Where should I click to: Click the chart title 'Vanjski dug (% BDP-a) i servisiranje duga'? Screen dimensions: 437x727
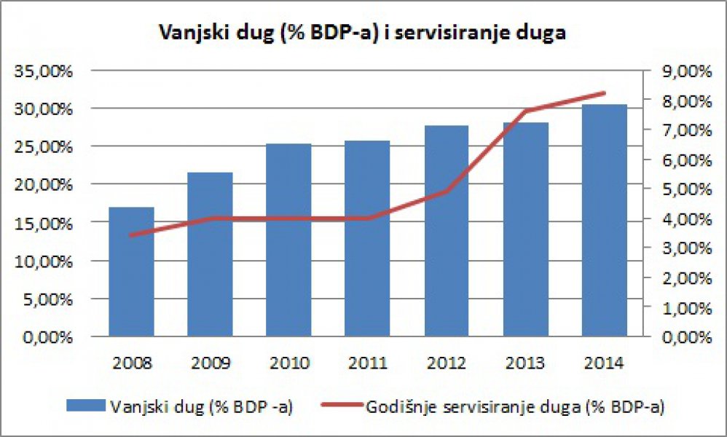tap(362, 33)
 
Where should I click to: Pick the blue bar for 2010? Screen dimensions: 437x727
tap(289, 240)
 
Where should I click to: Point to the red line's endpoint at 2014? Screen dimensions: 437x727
tap(604, 93)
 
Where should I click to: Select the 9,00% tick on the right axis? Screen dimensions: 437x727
tap(683, 71)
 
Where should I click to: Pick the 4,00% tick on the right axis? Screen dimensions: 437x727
tap(683, 219)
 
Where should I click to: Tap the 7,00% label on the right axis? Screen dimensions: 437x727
tap(683, 130)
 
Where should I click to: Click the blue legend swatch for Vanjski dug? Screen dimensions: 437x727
tap(85, 407)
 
